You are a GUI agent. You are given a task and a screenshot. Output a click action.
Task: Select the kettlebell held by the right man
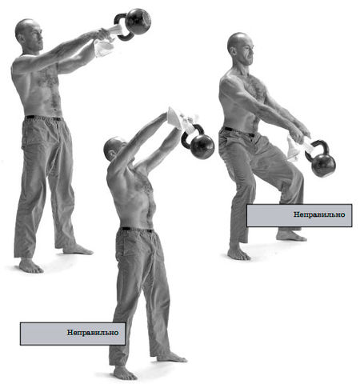coord(322,162)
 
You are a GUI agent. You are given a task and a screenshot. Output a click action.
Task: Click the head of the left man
coord(29,34)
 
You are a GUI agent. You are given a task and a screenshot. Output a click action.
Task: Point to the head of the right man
coord(241,49)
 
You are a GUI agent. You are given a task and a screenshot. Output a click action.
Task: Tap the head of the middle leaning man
coord(114,149)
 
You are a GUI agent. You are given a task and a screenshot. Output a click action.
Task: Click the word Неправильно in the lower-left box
coord(93,333)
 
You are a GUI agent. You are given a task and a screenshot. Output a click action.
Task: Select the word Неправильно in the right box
coord(319,214)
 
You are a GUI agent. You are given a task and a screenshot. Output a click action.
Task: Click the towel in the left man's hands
coord(106,42)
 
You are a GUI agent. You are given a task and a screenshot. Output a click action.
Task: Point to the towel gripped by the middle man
coord(182,120)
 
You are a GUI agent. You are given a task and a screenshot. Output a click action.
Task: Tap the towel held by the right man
coord(298,148)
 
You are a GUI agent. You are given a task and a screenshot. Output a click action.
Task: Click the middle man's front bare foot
coord(125,373)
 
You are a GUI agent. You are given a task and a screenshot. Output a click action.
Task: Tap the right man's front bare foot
coord(238,254)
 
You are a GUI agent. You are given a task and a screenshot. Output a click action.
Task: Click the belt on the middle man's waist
coord(137,230)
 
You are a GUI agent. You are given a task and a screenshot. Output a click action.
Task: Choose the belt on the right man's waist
coord(238,132)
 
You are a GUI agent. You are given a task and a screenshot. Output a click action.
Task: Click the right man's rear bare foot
coord(291,236)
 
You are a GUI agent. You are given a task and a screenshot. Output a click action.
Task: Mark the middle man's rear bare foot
coord(171,357)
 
